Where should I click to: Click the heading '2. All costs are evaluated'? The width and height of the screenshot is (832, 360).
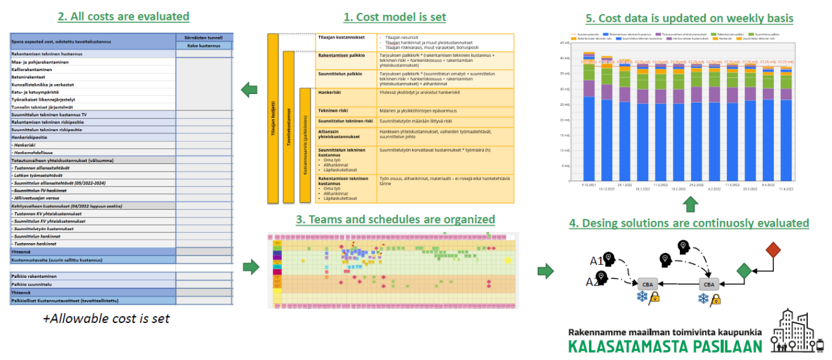point(123,16)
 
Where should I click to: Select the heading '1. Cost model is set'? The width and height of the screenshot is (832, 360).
point(395,17)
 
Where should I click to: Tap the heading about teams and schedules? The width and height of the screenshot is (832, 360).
point(395,220)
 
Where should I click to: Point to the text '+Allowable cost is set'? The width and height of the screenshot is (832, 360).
point(106,318)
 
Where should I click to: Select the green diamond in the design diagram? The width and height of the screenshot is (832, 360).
point(743,271)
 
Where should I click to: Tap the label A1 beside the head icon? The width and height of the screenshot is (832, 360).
point(595,261)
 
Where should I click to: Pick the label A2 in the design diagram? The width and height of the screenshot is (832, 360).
point(592,282)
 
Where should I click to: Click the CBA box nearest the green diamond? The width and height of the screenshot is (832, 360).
point(709,284)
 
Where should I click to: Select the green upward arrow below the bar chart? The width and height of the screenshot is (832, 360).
point(690,204)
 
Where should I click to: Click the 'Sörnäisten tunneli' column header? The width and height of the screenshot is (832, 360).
point(204,37)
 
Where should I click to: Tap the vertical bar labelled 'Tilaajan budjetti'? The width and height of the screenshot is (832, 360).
point(273,117)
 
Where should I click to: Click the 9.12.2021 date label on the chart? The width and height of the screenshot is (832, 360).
point(589,185)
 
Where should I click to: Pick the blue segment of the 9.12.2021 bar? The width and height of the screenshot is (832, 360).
point(589,138)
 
